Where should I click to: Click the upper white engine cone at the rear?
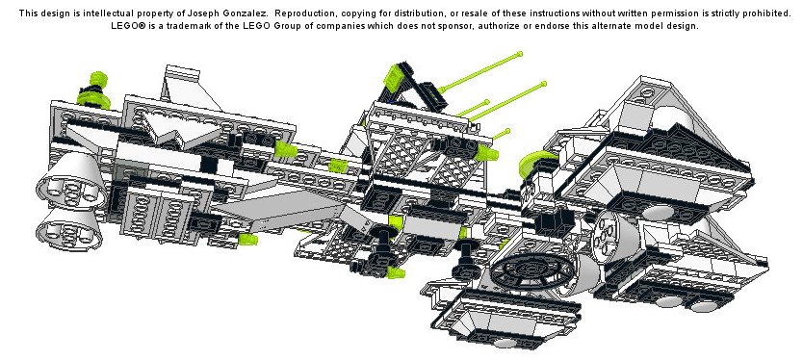[x=70, y=183]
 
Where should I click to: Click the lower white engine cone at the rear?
[x=68, y=229]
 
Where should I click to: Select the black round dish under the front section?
[x=531, y=271]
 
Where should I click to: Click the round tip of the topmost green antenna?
[x=520, y=54]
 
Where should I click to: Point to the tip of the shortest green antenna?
[x=507, y=131]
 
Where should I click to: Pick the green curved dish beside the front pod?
[x=534, y=163]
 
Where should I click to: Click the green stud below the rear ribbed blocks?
[x=247, y=239]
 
